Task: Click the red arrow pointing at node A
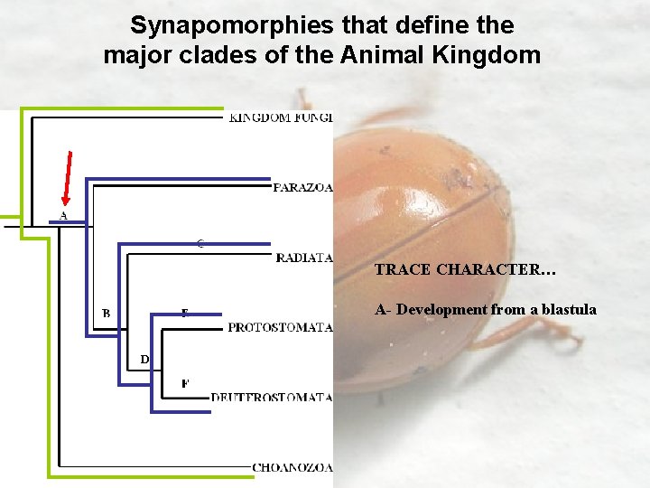click(x=66, y=176)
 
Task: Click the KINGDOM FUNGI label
click(x=280, y=117)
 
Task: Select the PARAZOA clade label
click(x=302, y=188)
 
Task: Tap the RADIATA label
click(x=304, y=258)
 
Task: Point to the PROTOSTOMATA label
click(x=280, y=327)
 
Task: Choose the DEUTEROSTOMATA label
click(x=271, y=397)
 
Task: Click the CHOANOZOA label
click(x=292, y=467)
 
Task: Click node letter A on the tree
click(x=63, y=216)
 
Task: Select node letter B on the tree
click(x=107, y=314)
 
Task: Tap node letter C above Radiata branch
click(x=200, y=243)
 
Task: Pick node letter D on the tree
click(x=144, y=360)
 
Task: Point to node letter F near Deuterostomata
click(x=185, y=383)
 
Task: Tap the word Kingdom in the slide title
click(x=487, y=55)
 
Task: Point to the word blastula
click(x=566, y=309)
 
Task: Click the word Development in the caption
click(x=441, y=309)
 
